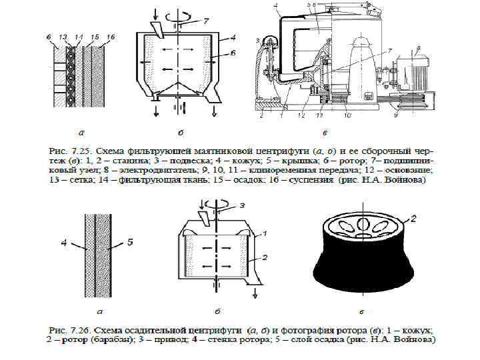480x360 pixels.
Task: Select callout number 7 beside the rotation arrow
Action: [206, 23]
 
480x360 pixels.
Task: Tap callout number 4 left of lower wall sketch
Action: [65, 245]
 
